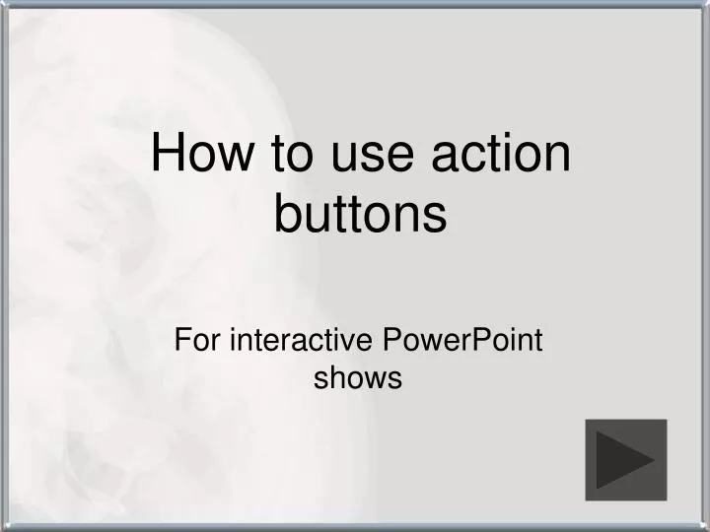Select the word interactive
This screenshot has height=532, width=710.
(x=301, y=341)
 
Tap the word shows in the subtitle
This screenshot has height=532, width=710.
(x=358, y=377)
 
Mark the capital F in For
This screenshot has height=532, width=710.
(x=181, y=341)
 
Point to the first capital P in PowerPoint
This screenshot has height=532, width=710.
(x=389, y=341)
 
